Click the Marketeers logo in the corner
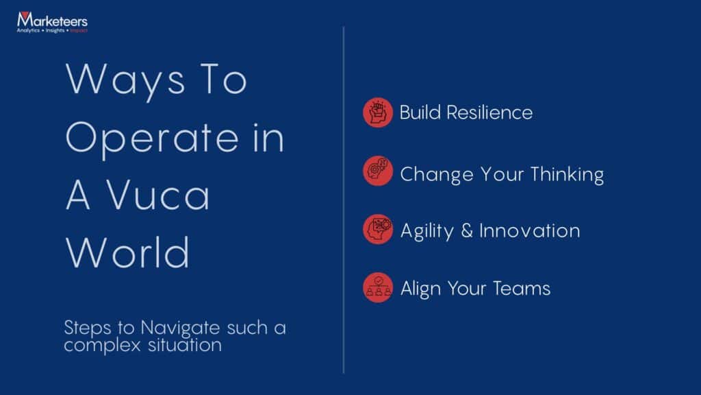(x=52, y=22)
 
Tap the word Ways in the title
(x=125, y=80)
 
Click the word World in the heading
(x=127, y=252)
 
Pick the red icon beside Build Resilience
(x=378, y=112)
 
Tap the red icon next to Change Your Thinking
(x=378, y=171)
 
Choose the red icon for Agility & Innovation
(x=378, y=229)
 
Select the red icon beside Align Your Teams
(x=378, y=287)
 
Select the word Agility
(x=427, y=231)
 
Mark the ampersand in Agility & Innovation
(x=467, y=230)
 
